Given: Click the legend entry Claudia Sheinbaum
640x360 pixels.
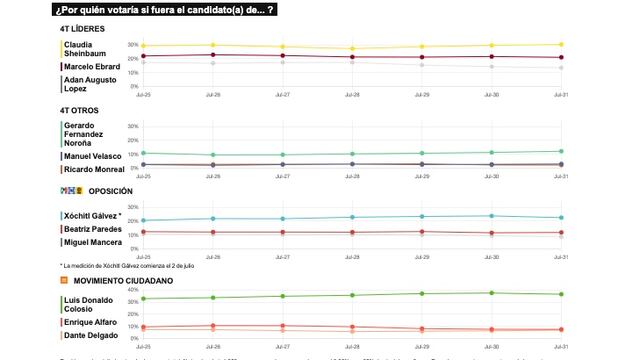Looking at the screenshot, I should pyautogui.click(x=85, y=49).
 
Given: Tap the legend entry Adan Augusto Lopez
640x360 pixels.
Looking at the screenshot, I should pyautogui.click(x=85, y=83).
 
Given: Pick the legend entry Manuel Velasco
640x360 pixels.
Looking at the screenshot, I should pyautogui.click(x=91, y=156).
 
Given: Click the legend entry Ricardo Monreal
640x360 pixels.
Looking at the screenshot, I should pyautogui.click(x=92, y=170).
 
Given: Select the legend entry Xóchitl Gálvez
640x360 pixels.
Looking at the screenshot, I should pyautogui.click(x=91, y=215).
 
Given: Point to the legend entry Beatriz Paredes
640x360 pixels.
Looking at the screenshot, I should pyautogui.click(x=91, y=229).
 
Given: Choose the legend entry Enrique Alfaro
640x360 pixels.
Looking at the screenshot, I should pyautogui.click(x=89, y=322).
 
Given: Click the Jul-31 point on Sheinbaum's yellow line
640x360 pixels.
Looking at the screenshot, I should pyautogui.click(x=561, y=44).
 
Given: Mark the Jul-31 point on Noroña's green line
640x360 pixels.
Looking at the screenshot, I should pyautogui.click(x=561, y=151).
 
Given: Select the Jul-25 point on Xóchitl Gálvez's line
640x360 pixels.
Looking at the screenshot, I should pyautogui.click(x=143, y=220).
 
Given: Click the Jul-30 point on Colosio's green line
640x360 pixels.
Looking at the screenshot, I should pyautogui.click(x=491, y=293).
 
